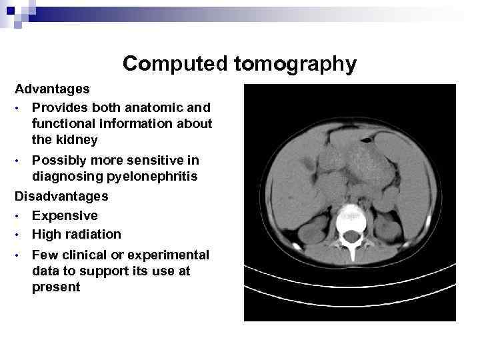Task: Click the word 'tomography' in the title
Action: tap(295, 65)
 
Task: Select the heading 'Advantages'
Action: tap(52, 89)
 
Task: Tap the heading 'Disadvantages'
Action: tap(61, 197)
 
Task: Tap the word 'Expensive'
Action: tap(65, 215)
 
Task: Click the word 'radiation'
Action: tap(94, 234)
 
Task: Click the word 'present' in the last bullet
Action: tap(56, 287)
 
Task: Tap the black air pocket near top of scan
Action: tap(366, 140)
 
